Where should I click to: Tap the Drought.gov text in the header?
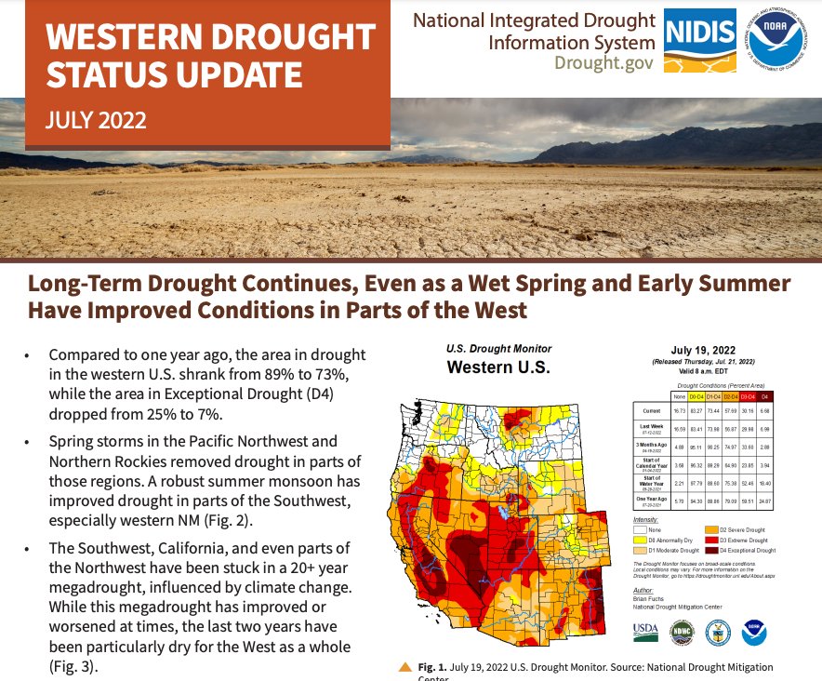coord(605,62)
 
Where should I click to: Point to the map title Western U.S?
coord(498,367)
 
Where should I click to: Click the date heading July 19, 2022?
coord(709,350)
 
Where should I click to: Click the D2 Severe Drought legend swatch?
coord(713,529)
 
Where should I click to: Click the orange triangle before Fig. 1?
coord(404,667)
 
